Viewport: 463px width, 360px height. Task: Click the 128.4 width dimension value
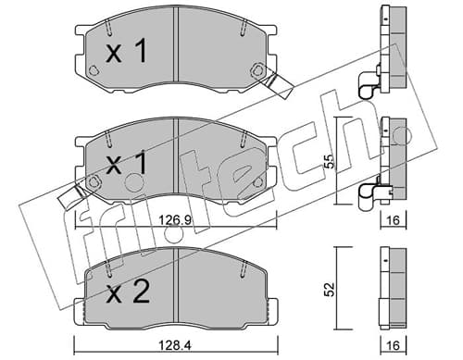coord(176,345)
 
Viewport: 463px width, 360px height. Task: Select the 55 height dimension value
coord(330,160)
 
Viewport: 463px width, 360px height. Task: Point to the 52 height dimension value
coord(330,289)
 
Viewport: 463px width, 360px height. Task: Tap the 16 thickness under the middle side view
coord(393,220)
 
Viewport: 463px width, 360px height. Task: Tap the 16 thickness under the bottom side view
coord(394,345)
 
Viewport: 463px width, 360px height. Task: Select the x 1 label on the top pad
coord(126,51)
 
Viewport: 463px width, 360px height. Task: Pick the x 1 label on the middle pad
coord(126,163)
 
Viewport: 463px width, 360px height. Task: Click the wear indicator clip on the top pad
coord(276,83)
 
